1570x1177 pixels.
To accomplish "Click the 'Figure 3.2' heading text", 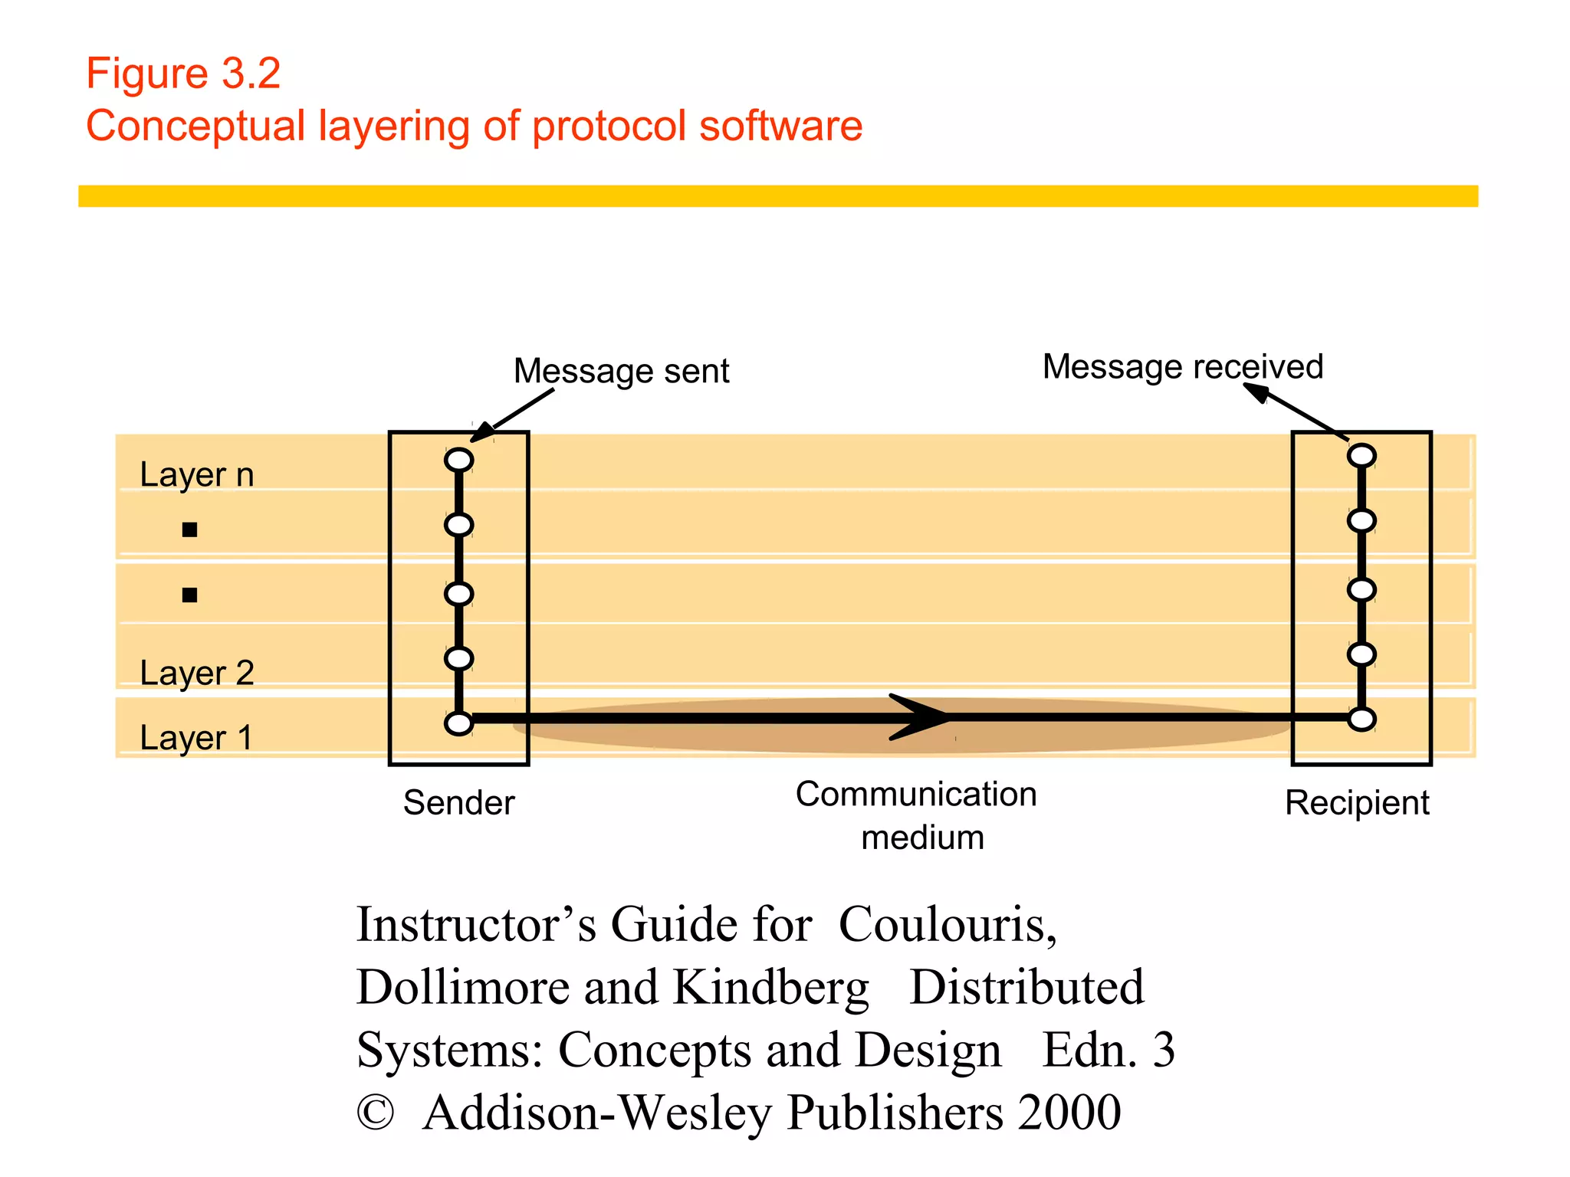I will coord(183,74).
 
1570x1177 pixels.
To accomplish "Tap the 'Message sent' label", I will coord(621,371).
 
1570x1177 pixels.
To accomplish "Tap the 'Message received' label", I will coord(1182,366).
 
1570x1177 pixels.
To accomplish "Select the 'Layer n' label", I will coord(196,474).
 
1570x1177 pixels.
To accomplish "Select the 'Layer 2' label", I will coord(196,673).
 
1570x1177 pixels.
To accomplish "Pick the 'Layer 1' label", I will coord(196,738).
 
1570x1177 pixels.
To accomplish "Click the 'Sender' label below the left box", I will coord(458,802).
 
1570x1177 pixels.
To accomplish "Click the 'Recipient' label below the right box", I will coord(1357,802).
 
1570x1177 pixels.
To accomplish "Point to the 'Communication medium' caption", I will coord(918,815).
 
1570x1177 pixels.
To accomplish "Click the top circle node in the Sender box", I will coord(458,460).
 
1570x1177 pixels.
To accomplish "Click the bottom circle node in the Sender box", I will coord(458,723).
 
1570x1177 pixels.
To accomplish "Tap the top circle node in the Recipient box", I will coord(1361,456).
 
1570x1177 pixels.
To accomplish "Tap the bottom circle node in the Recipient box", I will coord(1361,719).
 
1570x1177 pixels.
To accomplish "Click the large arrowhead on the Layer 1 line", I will coord(923,717).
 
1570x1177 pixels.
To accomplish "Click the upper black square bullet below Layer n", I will coord(189,529).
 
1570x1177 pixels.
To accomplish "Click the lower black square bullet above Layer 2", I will coord(189,595).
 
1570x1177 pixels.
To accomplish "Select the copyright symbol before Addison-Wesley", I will coord(376,1113).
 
